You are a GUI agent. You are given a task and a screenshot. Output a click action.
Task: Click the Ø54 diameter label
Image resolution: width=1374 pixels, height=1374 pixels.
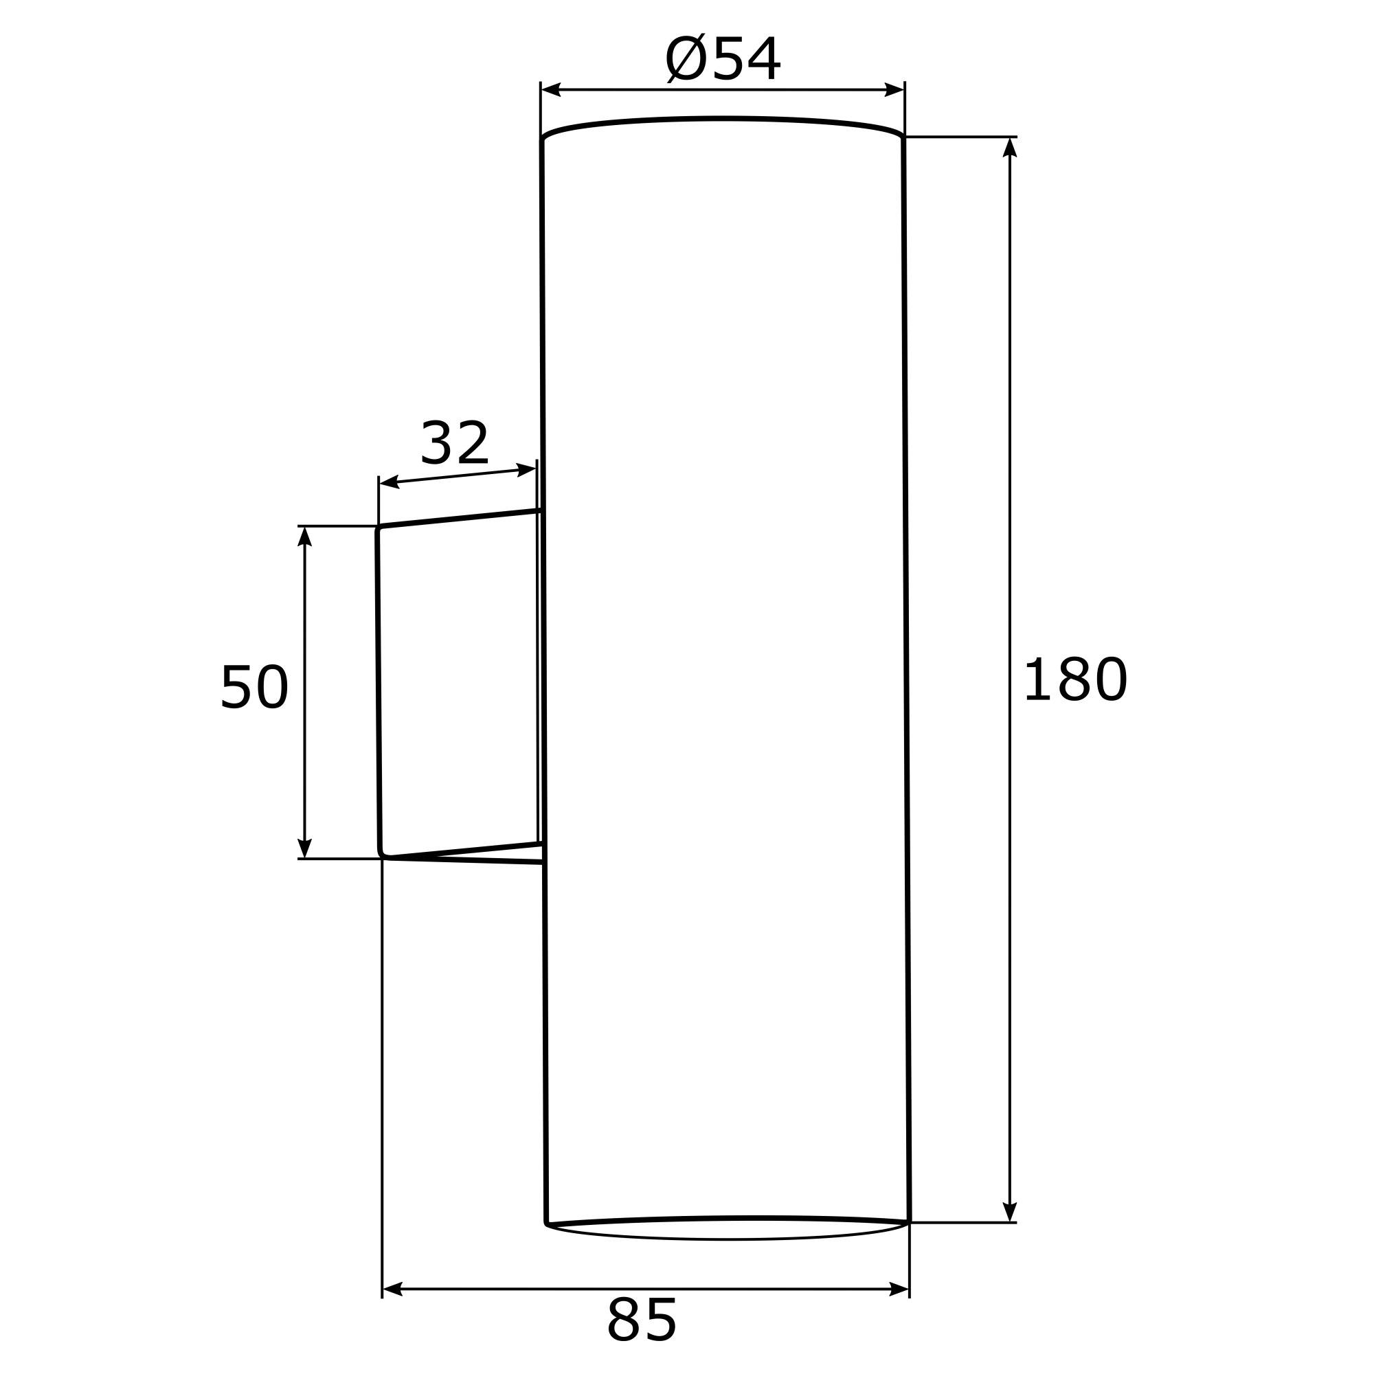coord(723,59)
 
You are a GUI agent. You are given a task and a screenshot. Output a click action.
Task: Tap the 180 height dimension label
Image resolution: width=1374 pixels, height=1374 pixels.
coord(1075,679)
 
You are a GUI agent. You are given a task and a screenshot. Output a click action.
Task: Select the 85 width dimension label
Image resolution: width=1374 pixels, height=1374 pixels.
coord(642,1320)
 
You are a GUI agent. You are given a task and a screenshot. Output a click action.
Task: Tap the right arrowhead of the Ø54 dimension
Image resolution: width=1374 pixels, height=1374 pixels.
coord(894,89)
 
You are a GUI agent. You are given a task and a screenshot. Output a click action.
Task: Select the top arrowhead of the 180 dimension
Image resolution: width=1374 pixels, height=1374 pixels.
coord(1010,147)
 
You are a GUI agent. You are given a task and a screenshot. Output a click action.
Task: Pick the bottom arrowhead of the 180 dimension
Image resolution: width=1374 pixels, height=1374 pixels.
coord(1010,1212)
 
